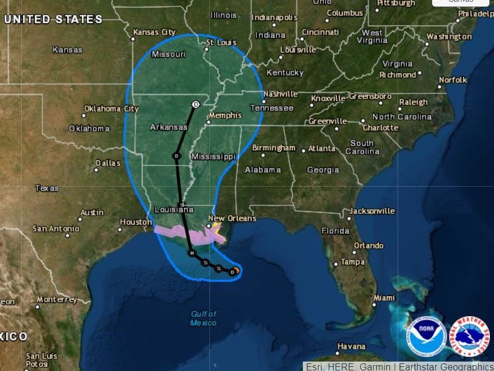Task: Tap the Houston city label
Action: [136, 222]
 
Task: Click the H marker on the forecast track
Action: [191, 253]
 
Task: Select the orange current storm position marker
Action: [235, 271]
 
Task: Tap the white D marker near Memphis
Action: [196, 104]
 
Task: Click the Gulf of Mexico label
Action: [203, 318]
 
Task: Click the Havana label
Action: [351, 346]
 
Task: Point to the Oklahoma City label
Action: [111, 108]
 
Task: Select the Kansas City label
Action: [154, 32]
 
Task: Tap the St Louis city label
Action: [221, 42]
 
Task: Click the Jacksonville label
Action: [372, 210]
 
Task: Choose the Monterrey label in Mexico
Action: [56, 299]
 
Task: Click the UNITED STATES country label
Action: [53, 19]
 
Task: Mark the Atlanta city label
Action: [322, 148]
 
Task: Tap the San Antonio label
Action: [56, 228]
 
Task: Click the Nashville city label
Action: [281, 94]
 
